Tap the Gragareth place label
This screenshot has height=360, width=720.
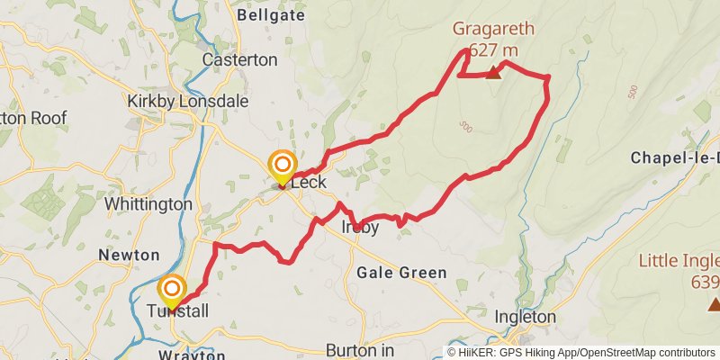point(493,29)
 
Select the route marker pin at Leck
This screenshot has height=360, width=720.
point(283,166)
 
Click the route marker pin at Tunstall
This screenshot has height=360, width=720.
point(171,291)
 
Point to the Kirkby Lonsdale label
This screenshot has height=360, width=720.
point(187,102)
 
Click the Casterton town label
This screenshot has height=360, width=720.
point(239,60)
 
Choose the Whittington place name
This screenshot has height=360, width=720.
point(148,204)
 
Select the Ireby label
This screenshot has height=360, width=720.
point(360,228)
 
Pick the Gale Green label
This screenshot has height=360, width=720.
point(401,273)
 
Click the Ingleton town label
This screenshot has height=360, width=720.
point(526,317)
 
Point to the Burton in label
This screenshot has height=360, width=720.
point(360,349)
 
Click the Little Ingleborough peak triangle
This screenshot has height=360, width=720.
point(714,304)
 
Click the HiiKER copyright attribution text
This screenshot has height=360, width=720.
point(580,352)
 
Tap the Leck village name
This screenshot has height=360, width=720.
point(308,183)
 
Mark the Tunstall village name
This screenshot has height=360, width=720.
point(177,311)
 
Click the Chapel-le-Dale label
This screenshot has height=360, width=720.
point(675,157)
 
